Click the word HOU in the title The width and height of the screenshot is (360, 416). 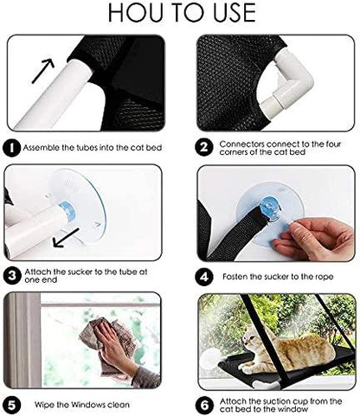click(x=136, y=13)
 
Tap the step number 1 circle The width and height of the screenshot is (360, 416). click(x=12, y=149)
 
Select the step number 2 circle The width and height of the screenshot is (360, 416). click(x=204, y=148)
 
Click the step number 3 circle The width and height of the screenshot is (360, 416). click(x=12, y=276)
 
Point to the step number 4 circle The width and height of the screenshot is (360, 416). click(x=204, y=277)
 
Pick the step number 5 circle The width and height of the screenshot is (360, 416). click(x=12, y=405)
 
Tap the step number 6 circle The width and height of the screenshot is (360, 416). click(x=204, y=406)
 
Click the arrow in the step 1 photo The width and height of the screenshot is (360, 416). click(x=42, y=71)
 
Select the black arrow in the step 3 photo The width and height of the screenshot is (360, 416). click(x=66, y=238)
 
